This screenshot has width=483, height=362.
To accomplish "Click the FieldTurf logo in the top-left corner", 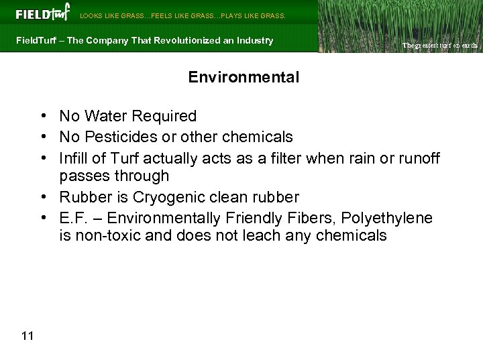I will click(x=42, y=13).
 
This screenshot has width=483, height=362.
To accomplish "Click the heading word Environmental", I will click(x=244, y=77).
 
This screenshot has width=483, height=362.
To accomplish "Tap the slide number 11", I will click(x=28, y=336).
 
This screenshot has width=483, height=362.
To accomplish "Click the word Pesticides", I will click(x=116, y=137).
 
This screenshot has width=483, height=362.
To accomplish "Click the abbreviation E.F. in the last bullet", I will click(x=72, y=218).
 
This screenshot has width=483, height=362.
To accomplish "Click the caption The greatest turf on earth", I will click(x=439, y=46).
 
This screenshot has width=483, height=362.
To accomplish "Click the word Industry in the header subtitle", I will click(x=257, y=40).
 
